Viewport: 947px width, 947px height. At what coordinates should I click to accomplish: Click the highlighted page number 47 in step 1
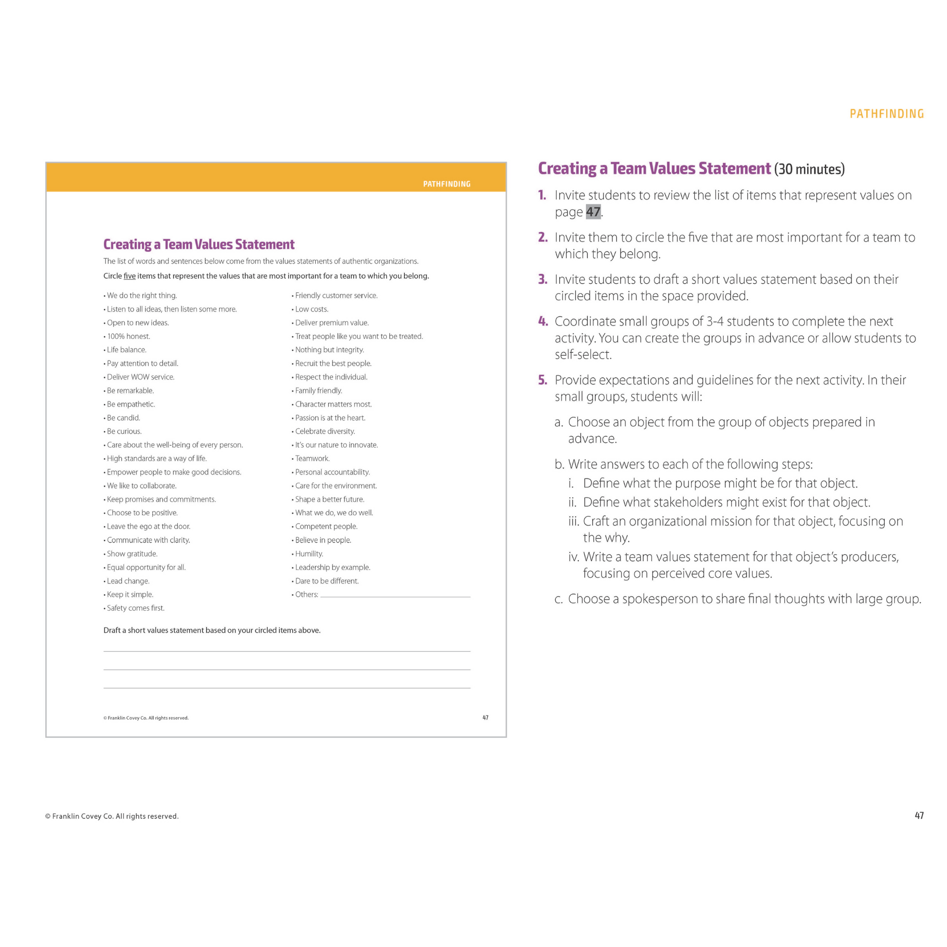click(x=593, y=212)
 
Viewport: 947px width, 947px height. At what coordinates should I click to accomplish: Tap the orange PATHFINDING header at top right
click(x=886, y=114)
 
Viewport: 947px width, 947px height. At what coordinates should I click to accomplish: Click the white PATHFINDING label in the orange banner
click(x=447, y=184)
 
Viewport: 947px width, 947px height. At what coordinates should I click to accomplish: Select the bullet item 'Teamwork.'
click(x=312, y=458)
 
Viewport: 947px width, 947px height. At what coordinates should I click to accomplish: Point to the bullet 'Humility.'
click(x=309, y=553)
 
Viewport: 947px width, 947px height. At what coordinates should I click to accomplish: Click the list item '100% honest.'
click(x=128, y=336)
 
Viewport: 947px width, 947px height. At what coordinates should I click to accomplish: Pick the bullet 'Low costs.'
click(x=312, y=310)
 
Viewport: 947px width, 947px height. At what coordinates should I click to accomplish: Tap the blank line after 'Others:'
click(x=395, y=595)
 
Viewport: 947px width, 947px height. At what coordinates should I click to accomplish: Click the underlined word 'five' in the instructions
click(x=129, y=276)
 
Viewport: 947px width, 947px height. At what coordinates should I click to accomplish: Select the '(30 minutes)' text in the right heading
click(x=809, y=170)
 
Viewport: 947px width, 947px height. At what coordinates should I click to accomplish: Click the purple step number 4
click(x=543, y=322)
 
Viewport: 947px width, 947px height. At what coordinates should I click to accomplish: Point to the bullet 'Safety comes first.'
click(x=136, y=608)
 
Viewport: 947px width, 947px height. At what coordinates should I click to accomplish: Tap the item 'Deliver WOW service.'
click(x=141, y=377)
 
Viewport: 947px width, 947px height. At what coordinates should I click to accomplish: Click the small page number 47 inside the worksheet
click(x=485, y=718)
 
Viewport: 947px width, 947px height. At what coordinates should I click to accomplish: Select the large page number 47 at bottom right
click(x=919, y=816)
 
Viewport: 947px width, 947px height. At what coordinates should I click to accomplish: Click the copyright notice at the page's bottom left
click(x=112, y=816)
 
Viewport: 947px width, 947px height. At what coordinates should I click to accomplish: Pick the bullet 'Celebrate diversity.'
click(x=325, y=431)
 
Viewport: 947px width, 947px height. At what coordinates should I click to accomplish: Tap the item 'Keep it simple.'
click(x=130, y=595)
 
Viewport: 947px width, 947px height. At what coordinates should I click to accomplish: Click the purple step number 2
click(x=543, y=237)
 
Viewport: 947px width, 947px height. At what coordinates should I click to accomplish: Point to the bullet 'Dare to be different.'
click(x=327, y=581)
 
